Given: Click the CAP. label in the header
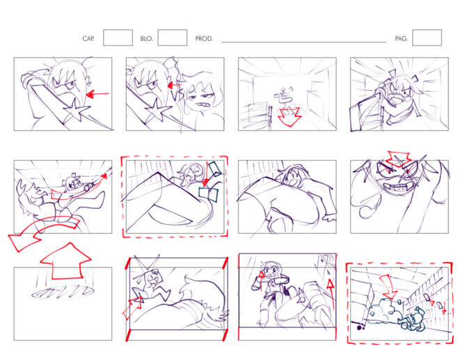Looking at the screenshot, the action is pyautogui.click(x=88, y=38).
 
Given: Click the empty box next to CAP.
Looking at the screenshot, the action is pyautogui.click(x=118, y=38).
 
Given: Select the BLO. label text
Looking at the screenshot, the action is pyautogui.click(x=146, y=38).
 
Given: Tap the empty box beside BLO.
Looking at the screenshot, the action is pyautogui.click(x=173, y=38).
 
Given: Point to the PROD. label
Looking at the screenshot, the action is pyautogui.click(x=204, y=38).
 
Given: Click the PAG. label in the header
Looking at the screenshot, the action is pyautogui.click(x=401, y=38).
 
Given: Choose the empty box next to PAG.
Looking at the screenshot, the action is pyautogui.click(x=427, y=38).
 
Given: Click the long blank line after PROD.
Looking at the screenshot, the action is pyautogui.click(x=304, y=42).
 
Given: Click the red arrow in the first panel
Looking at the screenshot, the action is pyautogui.click(x=97, y=94).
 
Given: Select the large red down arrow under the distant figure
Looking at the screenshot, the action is pyautogui.click(x=290, y=117).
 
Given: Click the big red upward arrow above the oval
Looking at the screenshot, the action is pyautogui.click(x=65, y=261).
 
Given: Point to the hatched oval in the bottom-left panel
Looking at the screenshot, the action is pyautogui.click(x=63, y=292).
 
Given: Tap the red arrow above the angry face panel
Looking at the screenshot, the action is pyautogui.click(x=399, y=158).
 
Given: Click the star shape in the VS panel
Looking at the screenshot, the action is pyautogui.click(x=158, y=110).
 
